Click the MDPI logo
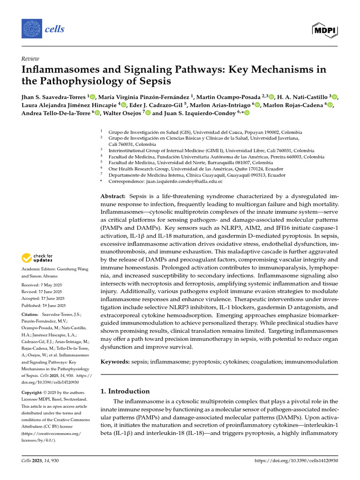click(325, 30)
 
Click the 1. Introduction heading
click(126, 391)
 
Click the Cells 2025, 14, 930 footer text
click(40, 461)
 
